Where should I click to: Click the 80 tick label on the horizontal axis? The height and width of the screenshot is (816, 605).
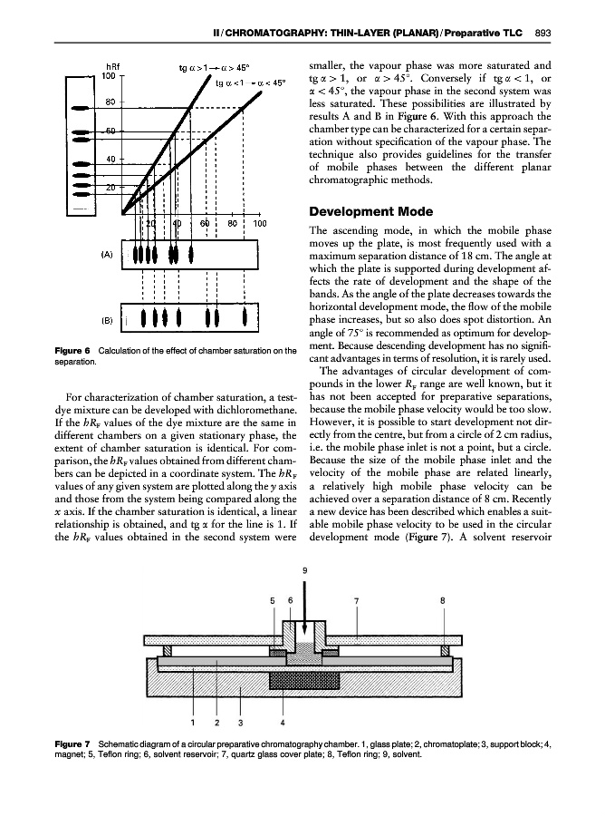(233, 223)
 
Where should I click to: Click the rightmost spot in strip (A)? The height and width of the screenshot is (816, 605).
(191, 254)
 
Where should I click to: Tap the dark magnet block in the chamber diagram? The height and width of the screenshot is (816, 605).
(283, 678)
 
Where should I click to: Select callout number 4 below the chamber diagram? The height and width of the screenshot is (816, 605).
(283, 723)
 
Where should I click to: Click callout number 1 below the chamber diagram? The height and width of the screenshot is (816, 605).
(194, 723)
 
